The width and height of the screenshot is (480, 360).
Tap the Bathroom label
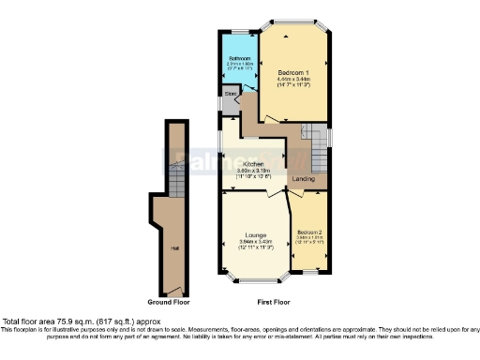239,58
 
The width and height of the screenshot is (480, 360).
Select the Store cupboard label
230,94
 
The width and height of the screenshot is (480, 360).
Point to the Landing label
303,178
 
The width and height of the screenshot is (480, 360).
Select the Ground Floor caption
169,303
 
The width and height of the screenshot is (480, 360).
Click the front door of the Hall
173,288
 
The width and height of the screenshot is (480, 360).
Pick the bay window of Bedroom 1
293,21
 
